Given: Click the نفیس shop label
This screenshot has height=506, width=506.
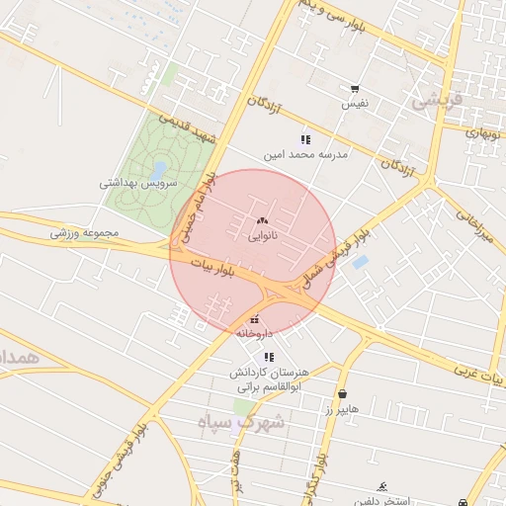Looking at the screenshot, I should [355, 103].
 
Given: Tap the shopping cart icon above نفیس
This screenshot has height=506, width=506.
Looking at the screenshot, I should [355, 88].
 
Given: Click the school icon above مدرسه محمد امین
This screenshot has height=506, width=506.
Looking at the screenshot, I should [305, 139].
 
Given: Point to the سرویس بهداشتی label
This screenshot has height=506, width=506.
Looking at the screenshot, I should [138, 184].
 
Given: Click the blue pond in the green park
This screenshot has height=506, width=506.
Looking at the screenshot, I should [157, 170].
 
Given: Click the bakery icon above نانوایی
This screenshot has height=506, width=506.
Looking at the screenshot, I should [261, 221].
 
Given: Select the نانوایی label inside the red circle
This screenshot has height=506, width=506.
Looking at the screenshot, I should [261, 236].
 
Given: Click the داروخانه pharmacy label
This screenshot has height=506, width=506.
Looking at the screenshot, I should [254, 333].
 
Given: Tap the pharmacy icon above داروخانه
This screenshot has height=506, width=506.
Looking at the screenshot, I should [256, 318].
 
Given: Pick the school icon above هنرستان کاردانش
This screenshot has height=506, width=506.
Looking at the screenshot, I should [269, 357].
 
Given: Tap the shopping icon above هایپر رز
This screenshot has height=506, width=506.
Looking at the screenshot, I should [342, 393].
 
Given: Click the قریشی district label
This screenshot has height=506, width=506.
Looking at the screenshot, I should [436, 99].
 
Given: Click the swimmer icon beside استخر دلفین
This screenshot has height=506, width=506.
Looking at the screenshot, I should [381, 487].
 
